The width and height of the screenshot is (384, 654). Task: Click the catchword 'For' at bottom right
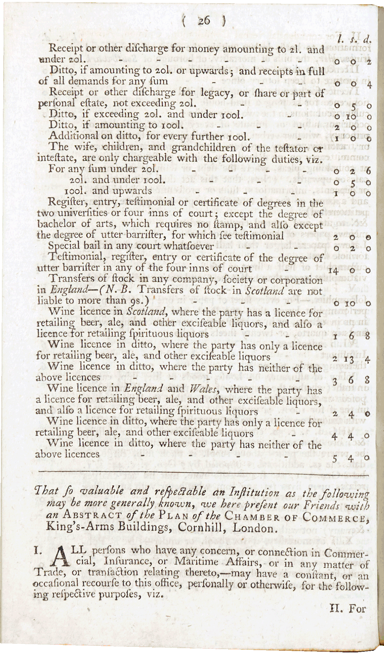click(x=357, y=609)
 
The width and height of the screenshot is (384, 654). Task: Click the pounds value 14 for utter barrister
click(x=333, y=270)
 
